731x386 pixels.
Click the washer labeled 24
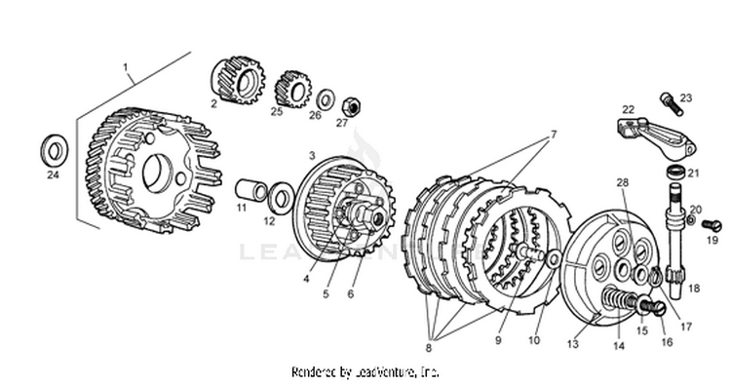[x=55, y=150]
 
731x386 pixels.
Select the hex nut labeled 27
[x=352, y=107]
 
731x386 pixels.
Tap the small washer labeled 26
[x=326, y=99]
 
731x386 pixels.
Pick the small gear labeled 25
[x=292, y=89]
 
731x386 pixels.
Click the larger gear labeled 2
[x=238, y=80]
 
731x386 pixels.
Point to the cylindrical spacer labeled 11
[x=250, y=190]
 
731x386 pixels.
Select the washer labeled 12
[x=281, y=198]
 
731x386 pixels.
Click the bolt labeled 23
[x=672, y=104]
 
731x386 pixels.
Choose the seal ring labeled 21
[x=675, y=172]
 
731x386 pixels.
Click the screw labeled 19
[x=712, y=226]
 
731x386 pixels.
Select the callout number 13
[x=572, y=344]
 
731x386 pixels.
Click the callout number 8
[x=429, y=348]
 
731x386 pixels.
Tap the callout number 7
[x=554, y=135]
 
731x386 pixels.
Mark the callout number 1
[x=125, y=67]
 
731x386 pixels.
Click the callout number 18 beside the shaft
[x=694, y=289]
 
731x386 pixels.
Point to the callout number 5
[x=326, y=294]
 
